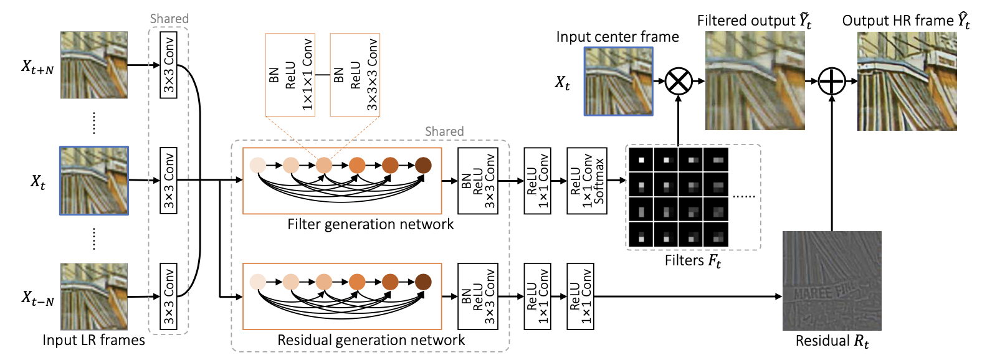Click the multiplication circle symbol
[x=679, y=81]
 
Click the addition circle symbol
[x=831, y=81]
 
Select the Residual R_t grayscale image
[x=832, y=280]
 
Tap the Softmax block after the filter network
[x=587, y=181]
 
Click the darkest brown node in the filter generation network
[x=423, y=165]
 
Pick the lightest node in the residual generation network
[x=257, y=282]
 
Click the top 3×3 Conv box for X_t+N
[x=169, y=65]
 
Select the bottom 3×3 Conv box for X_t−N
[x=169, y=296]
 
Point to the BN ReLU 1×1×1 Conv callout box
[x=290, y=75]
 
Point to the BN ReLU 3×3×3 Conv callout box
[x=355, y=75]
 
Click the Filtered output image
[x=755, y=80]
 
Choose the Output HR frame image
[x=907, y=81]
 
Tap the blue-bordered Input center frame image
[x=618, y=82]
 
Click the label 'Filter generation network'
[x=370, y=224]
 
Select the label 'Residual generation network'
[x=371, y=340]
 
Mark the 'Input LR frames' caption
[x=93, y=340]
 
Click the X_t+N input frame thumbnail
[x=94, y=65]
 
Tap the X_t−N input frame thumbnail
[x=94, y=296]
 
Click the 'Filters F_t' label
[x=692, y=260]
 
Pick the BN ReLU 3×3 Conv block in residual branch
[x=478, y=296]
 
